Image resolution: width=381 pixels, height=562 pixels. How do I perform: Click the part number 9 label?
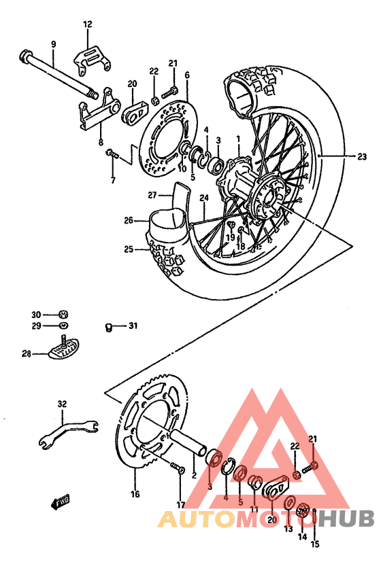52,44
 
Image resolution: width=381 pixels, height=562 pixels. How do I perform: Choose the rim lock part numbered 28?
65,351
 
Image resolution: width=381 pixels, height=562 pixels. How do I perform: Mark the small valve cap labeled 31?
108,328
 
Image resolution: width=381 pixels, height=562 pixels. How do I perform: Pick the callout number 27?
152,195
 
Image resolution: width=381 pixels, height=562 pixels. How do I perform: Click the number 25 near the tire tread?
129,249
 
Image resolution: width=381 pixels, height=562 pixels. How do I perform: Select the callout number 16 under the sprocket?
135,494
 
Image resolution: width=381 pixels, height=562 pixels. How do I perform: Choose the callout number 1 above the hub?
238,139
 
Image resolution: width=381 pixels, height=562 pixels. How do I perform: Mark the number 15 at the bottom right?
314,544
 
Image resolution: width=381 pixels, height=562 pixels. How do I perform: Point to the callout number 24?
203,198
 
